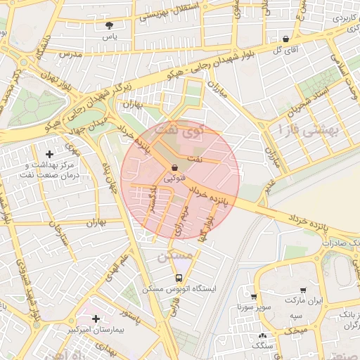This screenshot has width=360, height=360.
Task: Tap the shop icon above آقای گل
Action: pos(285,39)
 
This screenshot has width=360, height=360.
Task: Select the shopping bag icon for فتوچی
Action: pos(174,167)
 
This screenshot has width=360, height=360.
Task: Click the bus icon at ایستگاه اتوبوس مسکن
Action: pos(179,278)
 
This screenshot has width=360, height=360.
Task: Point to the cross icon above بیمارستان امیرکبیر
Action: pos(96,319)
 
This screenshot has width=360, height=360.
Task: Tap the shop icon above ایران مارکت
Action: pos(303,290)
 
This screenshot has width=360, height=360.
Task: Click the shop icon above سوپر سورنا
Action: pos(254,297)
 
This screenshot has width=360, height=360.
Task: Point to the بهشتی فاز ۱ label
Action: pos(308,130)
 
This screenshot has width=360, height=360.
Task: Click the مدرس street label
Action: pos(70,54)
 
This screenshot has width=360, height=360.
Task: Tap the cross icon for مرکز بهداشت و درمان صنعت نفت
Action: pos(49,153)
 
